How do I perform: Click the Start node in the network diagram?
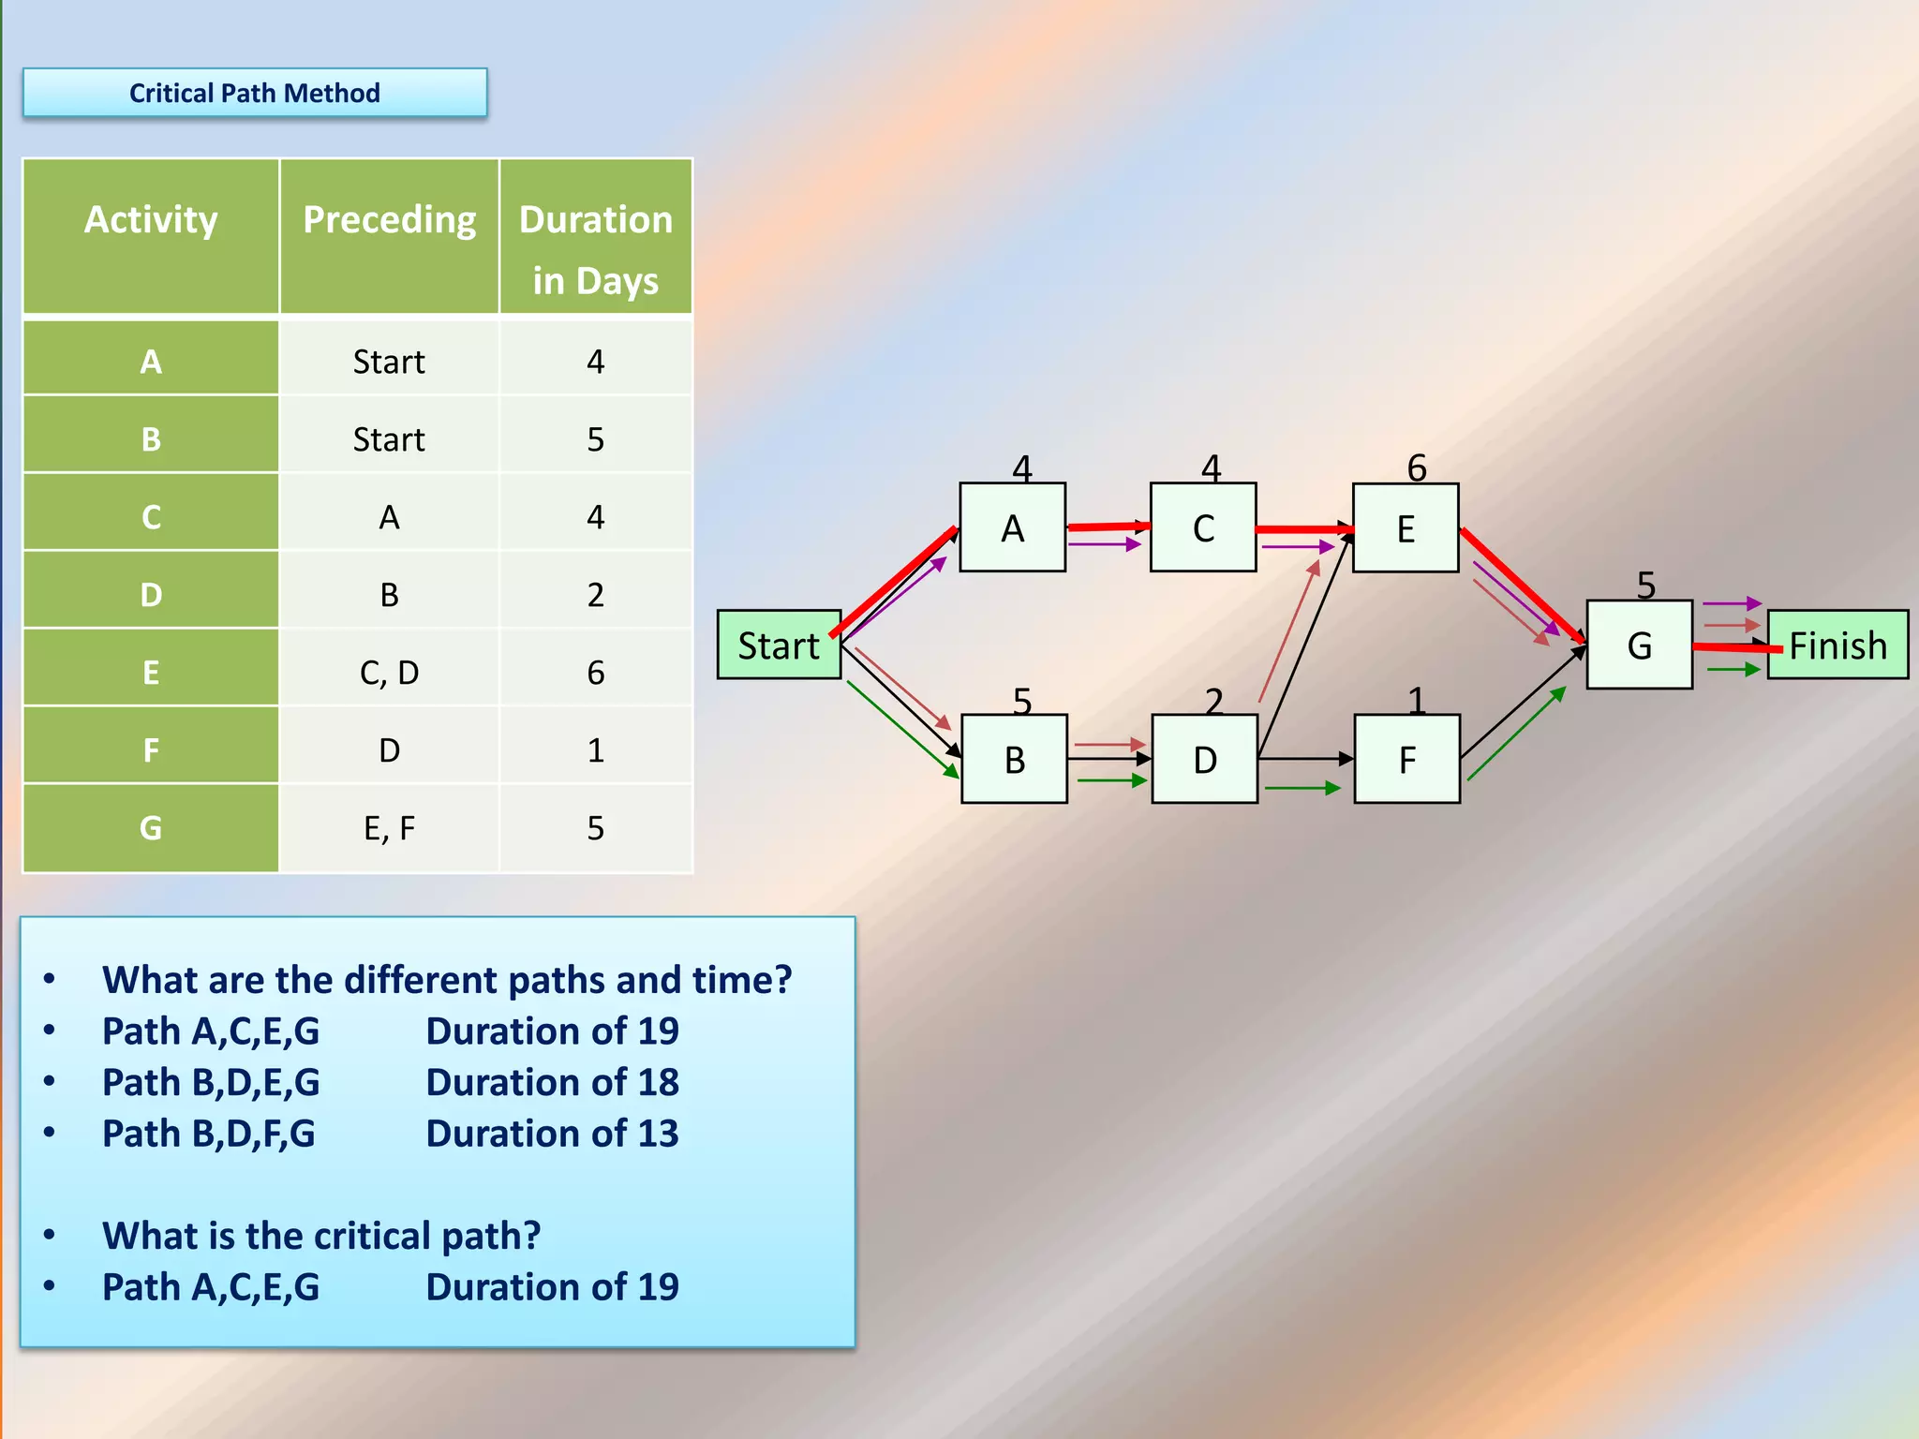click(779, 645)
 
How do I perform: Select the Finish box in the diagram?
click(1837, 645)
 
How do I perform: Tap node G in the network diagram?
click(1639, 645)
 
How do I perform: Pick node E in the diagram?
click(1406, 528)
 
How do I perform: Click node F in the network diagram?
click(1406, 759)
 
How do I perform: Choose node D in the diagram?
click(1204, 759)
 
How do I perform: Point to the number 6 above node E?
click(1417, 467)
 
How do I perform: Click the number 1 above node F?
click(1416, 700)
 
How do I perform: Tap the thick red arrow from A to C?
click(1108, 527)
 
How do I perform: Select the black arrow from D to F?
click(1304, 758)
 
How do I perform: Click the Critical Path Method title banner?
click(255, 93)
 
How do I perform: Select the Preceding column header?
click(389, 220)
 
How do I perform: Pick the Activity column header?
click(151, 220)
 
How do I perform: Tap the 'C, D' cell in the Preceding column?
click(389, 672)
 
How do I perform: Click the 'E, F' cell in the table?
click(389, 827)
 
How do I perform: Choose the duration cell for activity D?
click(596, 594)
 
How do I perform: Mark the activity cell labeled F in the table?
click(151, 749)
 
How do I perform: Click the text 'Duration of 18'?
click(552, 1082)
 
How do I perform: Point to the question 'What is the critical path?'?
click(321, 1236)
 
